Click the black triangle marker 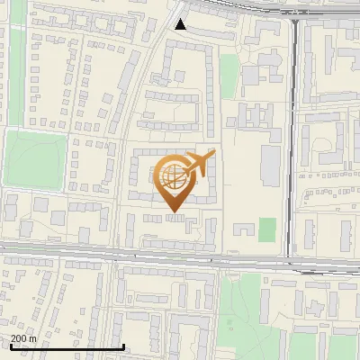(x=181, y=24)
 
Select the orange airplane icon (x=200, y=165)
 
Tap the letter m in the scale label (x=33, y=338)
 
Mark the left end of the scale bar (x=10, y=346)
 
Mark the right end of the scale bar (x=123, y=346)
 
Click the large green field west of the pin (x=35, y=159)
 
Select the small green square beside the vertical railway (x=266, y=229)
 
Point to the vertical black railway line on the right (x=294, y=135)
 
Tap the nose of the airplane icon (x=213, y=153)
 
